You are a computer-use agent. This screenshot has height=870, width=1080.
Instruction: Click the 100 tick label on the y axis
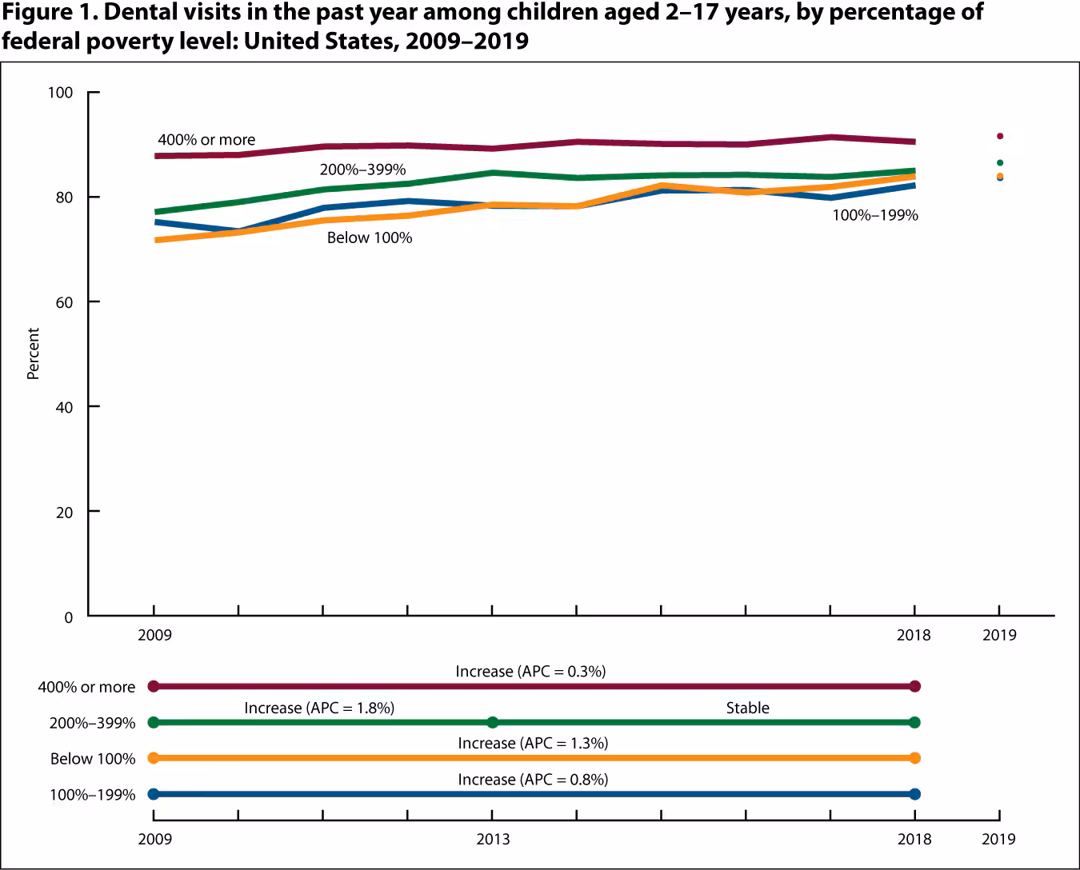pos(60,93)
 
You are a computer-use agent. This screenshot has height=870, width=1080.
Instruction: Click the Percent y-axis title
pos(33,353)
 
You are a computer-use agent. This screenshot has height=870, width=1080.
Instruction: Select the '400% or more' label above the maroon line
pos(206,140)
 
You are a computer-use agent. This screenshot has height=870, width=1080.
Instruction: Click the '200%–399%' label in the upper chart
pos(362,170)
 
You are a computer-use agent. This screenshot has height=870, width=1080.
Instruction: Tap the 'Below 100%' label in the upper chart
pos(369,237)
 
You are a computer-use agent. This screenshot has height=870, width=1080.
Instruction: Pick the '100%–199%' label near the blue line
pos(875,215)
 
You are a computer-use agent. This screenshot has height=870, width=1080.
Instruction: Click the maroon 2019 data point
pos(999,136)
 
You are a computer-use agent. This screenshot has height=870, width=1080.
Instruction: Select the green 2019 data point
pos(999,162)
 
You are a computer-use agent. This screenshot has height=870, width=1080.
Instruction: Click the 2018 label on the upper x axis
pos(914,635)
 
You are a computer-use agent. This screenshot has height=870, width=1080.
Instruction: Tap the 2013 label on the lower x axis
pos(493,839)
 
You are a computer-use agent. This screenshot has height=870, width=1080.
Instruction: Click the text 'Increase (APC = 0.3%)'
pos(530,671)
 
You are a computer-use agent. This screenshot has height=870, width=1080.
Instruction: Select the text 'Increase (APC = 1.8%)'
pos(319,708)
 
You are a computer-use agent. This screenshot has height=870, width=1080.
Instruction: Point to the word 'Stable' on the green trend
pos(747,708)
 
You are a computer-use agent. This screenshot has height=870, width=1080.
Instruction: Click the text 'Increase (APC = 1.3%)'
pos(533,743)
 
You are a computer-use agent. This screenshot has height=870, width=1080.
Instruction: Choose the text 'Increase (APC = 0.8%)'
pos(533,779)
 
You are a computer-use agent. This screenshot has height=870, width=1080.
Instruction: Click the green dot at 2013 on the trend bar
pos(493,722)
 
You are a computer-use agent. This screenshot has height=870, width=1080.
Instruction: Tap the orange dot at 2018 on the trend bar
pos(915,758)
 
